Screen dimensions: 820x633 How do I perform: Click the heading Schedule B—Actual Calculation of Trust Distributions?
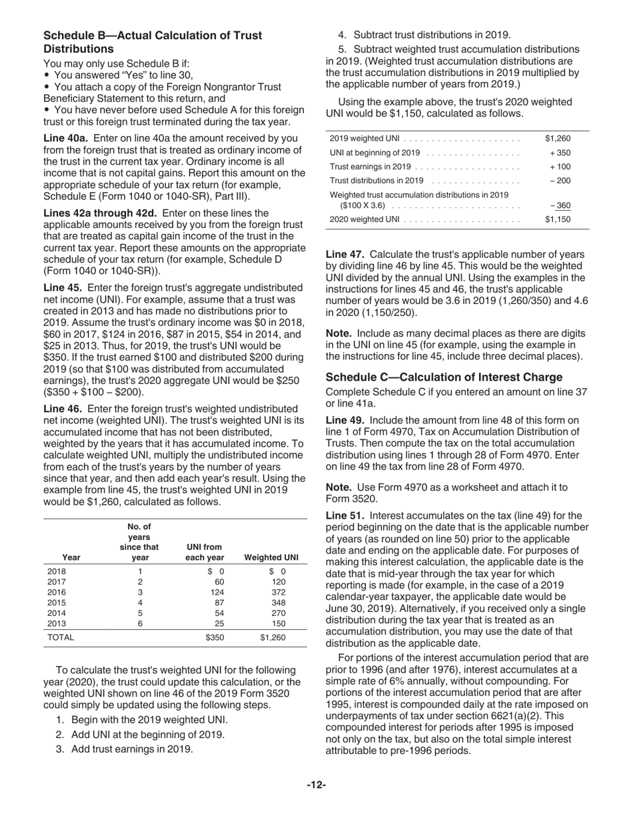click(x=153, y=42)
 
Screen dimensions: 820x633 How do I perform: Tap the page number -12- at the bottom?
click(x=316, y=785)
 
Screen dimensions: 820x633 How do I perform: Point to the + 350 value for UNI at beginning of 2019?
click(x=558, y=153)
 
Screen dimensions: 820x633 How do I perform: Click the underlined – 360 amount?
click(x=559, y=205)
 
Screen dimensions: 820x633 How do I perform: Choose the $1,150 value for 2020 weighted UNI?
click(x=558, y=219)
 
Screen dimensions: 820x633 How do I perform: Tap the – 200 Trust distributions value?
click(x=559, y=181)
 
